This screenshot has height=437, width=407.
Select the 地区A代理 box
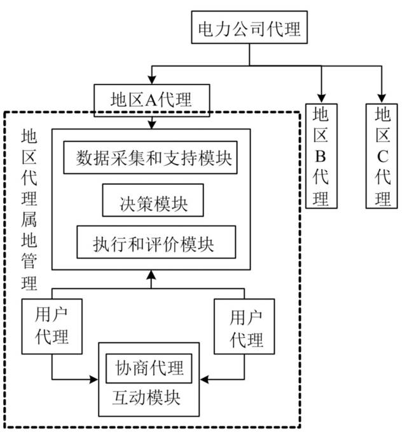coord(151,99)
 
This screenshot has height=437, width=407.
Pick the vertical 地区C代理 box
coord(382,156)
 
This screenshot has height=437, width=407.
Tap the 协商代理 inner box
coord(149,366)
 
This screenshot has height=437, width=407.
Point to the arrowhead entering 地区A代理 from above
coord(151,81)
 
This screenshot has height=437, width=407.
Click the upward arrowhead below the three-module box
coord(151,275)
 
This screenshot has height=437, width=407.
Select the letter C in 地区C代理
coord(382,156)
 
